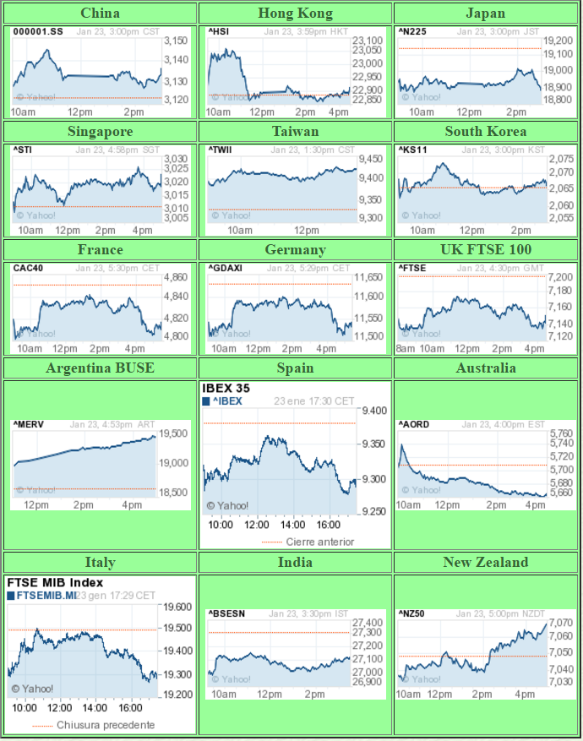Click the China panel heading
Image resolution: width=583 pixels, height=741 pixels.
[x=100, y=13]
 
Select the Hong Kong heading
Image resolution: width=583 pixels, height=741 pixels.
[x=295, y=13]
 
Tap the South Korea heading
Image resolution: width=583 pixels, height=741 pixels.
[x=486, y=131]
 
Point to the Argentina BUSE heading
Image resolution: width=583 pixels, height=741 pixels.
[x=100, y=368]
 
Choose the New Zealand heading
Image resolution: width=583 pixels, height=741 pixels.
[x=486, y=562]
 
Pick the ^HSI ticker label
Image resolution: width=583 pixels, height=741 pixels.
[x=219, y=32]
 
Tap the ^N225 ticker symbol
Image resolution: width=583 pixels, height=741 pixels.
[x=411, y=32]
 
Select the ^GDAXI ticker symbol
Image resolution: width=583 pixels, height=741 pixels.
[x=225, y=269]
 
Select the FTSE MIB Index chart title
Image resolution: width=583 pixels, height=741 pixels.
[x=55, y=582]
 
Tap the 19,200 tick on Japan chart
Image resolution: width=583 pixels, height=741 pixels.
[x=558, y=41]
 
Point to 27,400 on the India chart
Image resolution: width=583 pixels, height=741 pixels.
[x=367, y=623]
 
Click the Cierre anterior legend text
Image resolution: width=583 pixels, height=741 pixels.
[x=319, y=542]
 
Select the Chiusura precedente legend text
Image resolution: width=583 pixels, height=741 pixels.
[x=106, y=725]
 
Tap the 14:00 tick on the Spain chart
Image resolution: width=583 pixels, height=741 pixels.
[x=293, y=525]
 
